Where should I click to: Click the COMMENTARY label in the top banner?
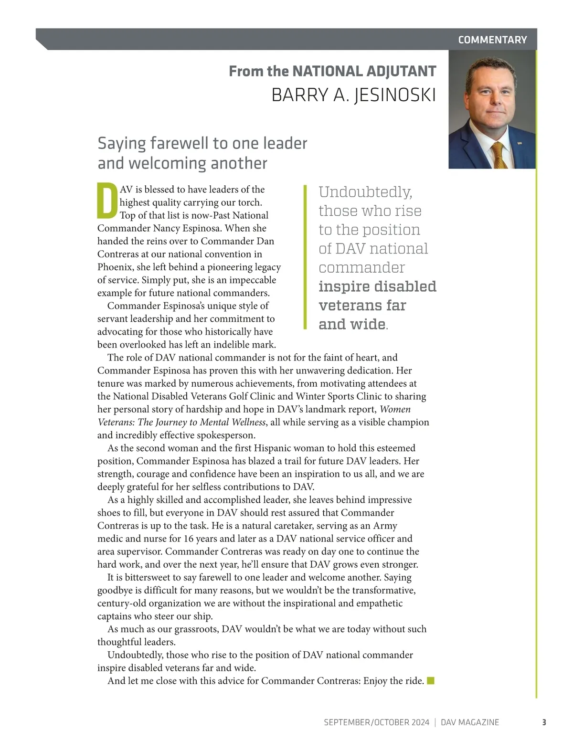[492, 40]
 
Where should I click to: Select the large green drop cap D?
[107, 200]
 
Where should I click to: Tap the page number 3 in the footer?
[544, 722]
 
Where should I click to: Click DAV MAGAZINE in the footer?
[470, 722]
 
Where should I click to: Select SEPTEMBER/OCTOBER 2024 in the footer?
[376, 722]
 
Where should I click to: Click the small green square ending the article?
[431, 680]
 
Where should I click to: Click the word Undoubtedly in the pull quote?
[365, 192]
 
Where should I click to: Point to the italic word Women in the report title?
[395, 409]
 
